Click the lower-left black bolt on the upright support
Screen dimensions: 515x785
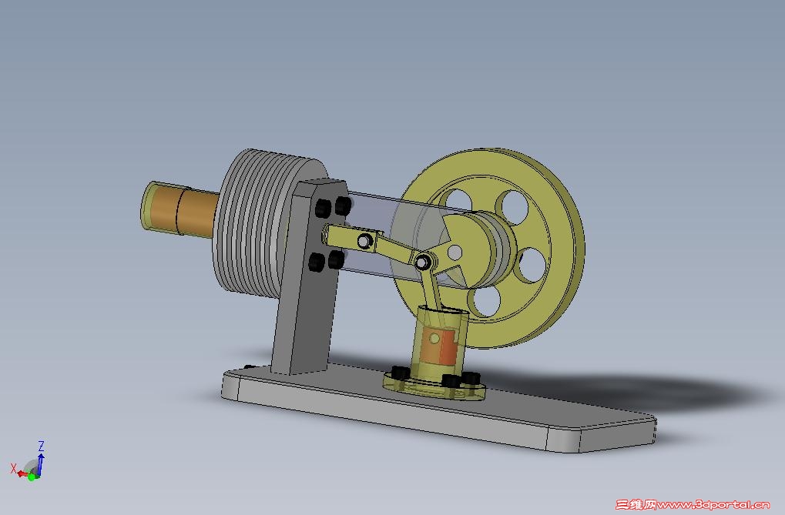point(315,263)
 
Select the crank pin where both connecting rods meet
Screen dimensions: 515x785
point(422,263)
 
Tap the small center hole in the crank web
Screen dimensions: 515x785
point(456,252)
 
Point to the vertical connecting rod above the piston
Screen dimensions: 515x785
point(430,293)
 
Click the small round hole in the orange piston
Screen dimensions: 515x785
point(434,338)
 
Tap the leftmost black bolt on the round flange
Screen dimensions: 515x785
point(399,373)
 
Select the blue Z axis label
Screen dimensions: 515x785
point(41,446)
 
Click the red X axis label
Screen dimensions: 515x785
point(13,467)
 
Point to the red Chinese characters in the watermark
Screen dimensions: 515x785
point(635,505)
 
